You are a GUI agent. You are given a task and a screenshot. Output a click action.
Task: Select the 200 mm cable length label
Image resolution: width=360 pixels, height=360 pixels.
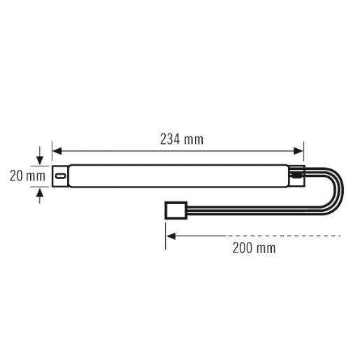(254, 248)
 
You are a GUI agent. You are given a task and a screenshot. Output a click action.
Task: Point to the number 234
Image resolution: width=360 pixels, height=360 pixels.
(171, 138)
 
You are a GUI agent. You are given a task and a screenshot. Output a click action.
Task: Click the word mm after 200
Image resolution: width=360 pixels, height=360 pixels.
(266, 248)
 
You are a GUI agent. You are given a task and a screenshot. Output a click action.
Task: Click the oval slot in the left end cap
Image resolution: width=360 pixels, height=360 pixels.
(61, 176)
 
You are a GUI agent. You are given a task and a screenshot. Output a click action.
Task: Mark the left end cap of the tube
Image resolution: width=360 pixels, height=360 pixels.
(61, 176)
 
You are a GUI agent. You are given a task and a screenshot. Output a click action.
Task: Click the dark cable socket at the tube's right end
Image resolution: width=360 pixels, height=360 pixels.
(298, 177)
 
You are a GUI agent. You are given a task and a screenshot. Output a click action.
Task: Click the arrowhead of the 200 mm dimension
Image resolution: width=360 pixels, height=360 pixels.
(171, 236)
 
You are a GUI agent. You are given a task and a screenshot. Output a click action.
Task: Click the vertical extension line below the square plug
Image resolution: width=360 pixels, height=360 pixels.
(166, 231)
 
